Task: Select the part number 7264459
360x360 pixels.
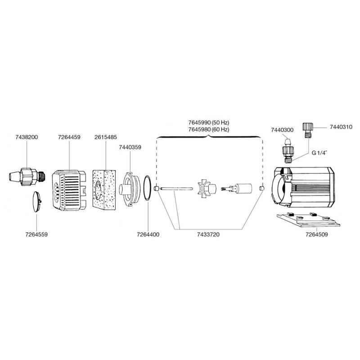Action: (x=69, y=137)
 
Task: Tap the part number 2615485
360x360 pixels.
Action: (x=106, y=137)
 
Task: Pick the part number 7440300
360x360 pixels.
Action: (x=282, y=130)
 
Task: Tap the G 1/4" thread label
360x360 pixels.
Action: (x=321, y=152)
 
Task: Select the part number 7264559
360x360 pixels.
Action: (x=37, y=234)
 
